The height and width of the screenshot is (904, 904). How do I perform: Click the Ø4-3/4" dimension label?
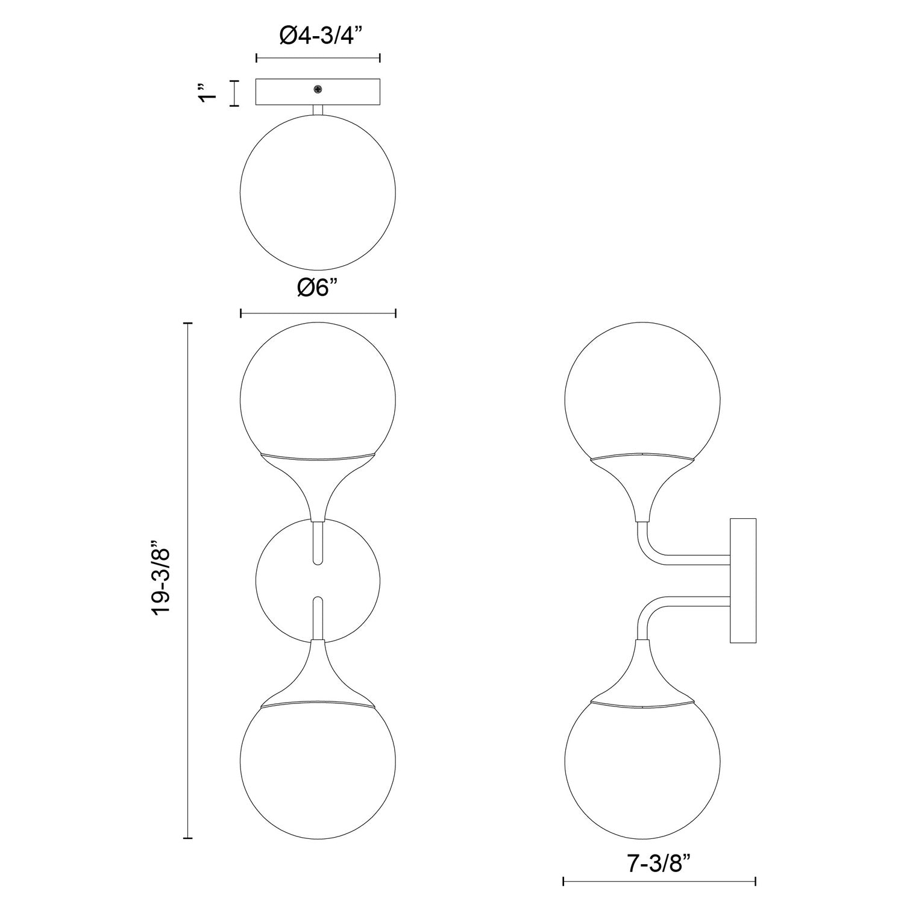(318, 37)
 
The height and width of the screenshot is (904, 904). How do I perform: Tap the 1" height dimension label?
(209, 94)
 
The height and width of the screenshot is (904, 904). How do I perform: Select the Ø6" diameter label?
(318, 288)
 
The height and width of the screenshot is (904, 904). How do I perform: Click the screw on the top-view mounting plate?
(318, 90)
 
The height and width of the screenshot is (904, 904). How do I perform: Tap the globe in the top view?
(318, 193)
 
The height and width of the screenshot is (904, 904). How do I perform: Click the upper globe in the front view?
(318, 392)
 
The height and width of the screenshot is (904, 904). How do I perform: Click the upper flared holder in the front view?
(318, 482)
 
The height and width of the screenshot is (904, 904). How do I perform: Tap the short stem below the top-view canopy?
(318, 110)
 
